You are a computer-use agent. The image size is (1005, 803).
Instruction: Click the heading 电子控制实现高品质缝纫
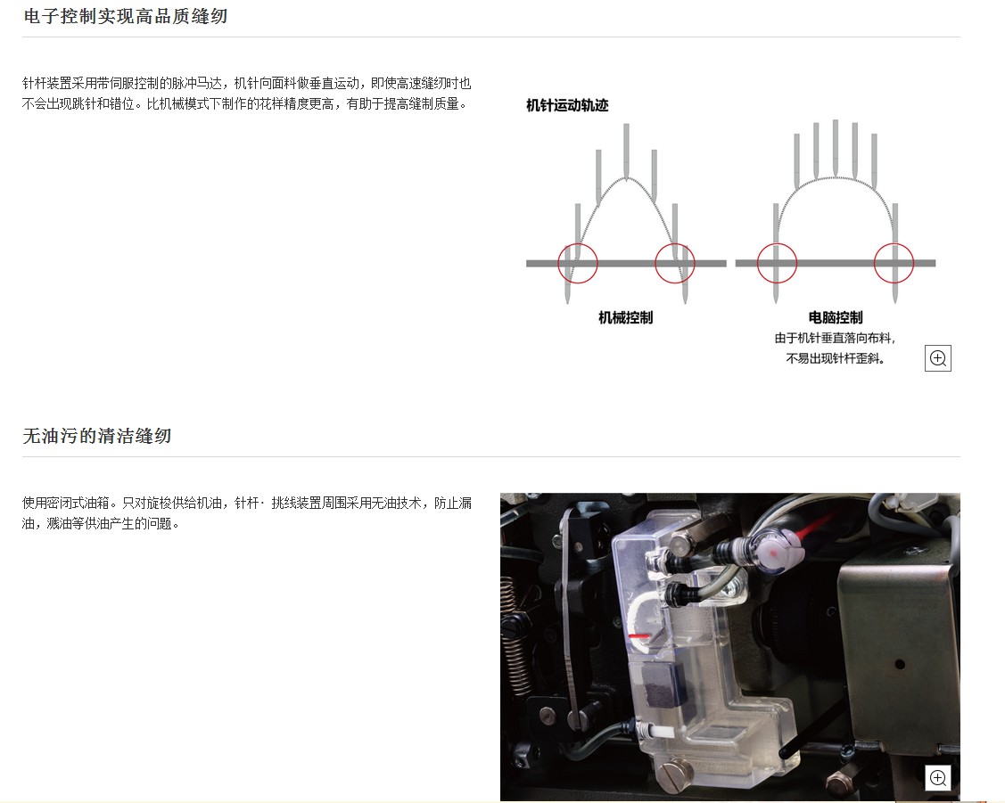coord(125,16)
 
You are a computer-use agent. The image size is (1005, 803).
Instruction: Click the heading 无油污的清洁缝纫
coord(97,436)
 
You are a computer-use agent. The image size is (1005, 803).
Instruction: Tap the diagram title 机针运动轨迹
coord(567,106)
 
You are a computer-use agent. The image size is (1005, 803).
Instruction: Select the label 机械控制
coord(626,317)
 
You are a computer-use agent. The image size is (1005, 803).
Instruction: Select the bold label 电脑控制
coord(836,317)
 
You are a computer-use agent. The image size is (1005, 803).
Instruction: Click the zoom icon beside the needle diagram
coord(938,358)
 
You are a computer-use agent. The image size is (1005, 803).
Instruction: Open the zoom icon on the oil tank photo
coord(938,778)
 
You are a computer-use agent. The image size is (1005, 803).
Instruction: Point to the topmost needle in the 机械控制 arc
coord(626,151)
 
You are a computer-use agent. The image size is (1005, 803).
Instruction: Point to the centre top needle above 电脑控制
coord(836,147)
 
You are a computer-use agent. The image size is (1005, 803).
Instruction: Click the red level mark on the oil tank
coord(638,635)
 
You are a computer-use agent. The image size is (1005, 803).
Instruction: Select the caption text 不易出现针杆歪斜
coord(833,358)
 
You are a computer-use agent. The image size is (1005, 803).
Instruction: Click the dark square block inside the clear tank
coord(663,685)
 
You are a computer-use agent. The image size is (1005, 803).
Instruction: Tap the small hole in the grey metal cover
coord(900,665)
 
